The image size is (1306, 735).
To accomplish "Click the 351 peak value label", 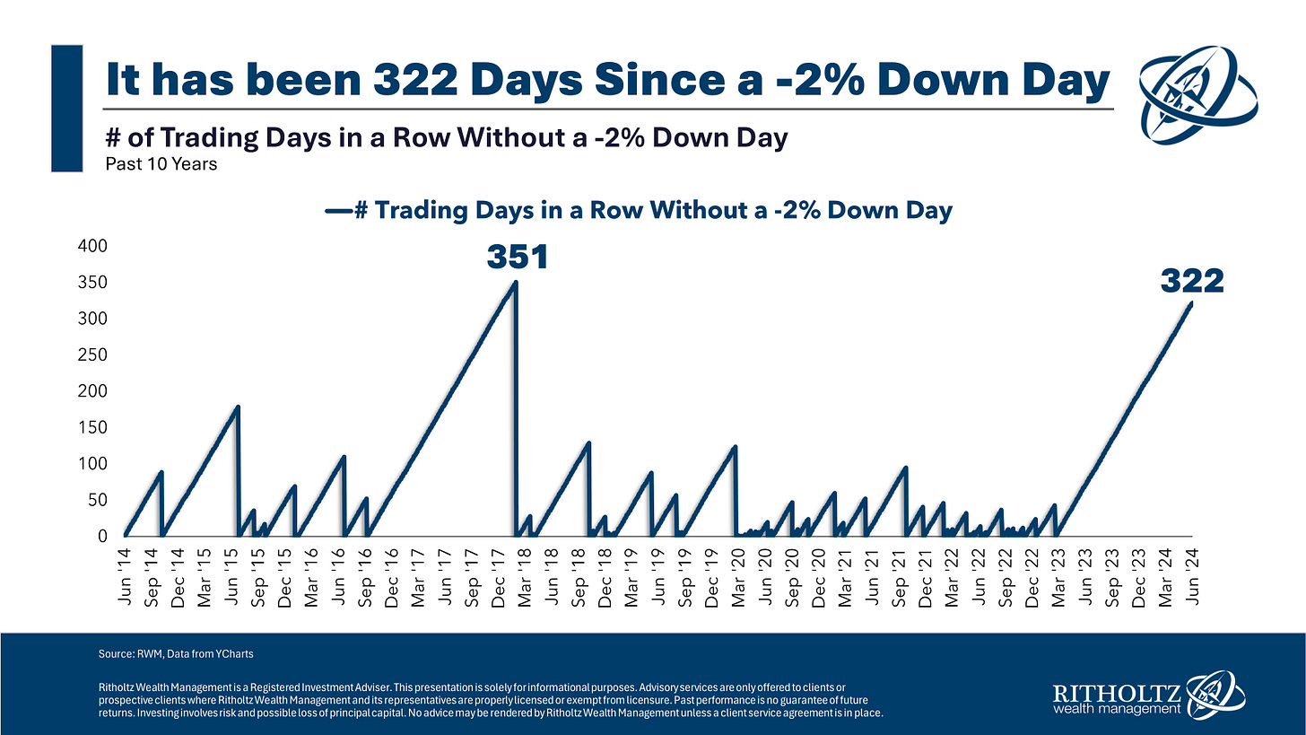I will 517,258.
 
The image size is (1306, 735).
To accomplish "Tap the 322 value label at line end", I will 1192,282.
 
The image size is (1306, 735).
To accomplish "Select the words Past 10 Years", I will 161,165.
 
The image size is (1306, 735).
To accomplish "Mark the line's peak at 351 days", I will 515,283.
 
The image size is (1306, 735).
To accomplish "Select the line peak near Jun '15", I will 238,407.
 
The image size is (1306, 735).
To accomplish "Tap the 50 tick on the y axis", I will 98,500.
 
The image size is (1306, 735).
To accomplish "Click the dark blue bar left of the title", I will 68,109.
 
